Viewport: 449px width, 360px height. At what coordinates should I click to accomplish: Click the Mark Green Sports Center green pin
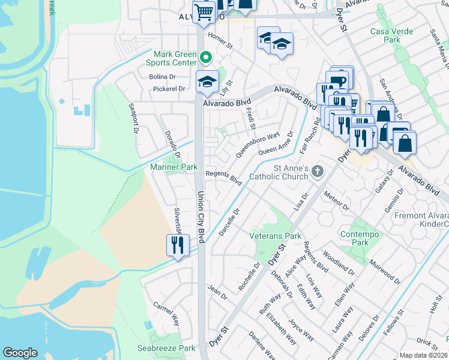206,58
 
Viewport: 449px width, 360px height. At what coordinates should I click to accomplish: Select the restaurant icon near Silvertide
178,245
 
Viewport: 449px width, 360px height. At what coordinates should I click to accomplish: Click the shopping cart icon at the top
204,12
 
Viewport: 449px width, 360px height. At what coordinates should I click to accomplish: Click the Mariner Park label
174,167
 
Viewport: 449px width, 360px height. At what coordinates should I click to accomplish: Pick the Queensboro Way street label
258,145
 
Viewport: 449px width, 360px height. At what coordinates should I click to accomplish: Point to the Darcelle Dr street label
230,221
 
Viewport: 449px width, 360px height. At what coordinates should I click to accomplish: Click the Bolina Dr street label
162,77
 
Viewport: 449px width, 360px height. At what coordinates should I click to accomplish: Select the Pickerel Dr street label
169,89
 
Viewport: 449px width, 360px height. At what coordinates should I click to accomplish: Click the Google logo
20,353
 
